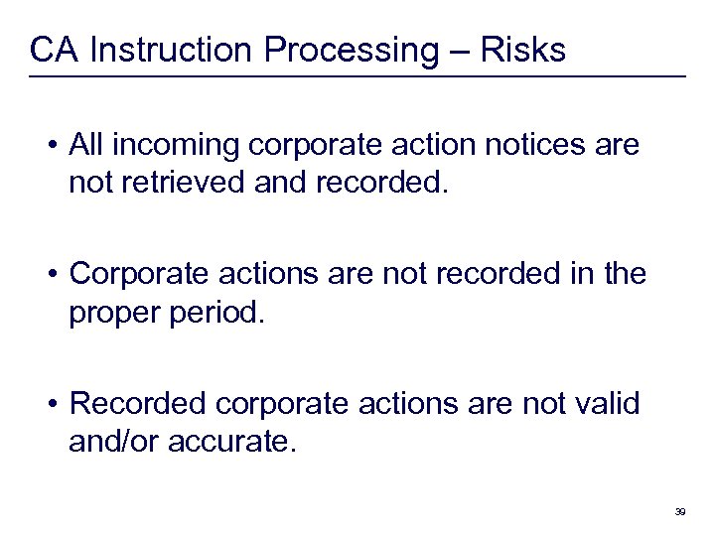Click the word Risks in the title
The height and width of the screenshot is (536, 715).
(523, 49)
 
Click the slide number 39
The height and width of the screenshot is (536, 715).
(680, 511)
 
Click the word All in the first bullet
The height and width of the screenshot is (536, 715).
(88, 147)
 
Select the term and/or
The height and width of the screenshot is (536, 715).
(110, 440)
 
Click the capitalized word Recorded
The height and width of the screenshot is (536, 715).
(139, 404)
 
